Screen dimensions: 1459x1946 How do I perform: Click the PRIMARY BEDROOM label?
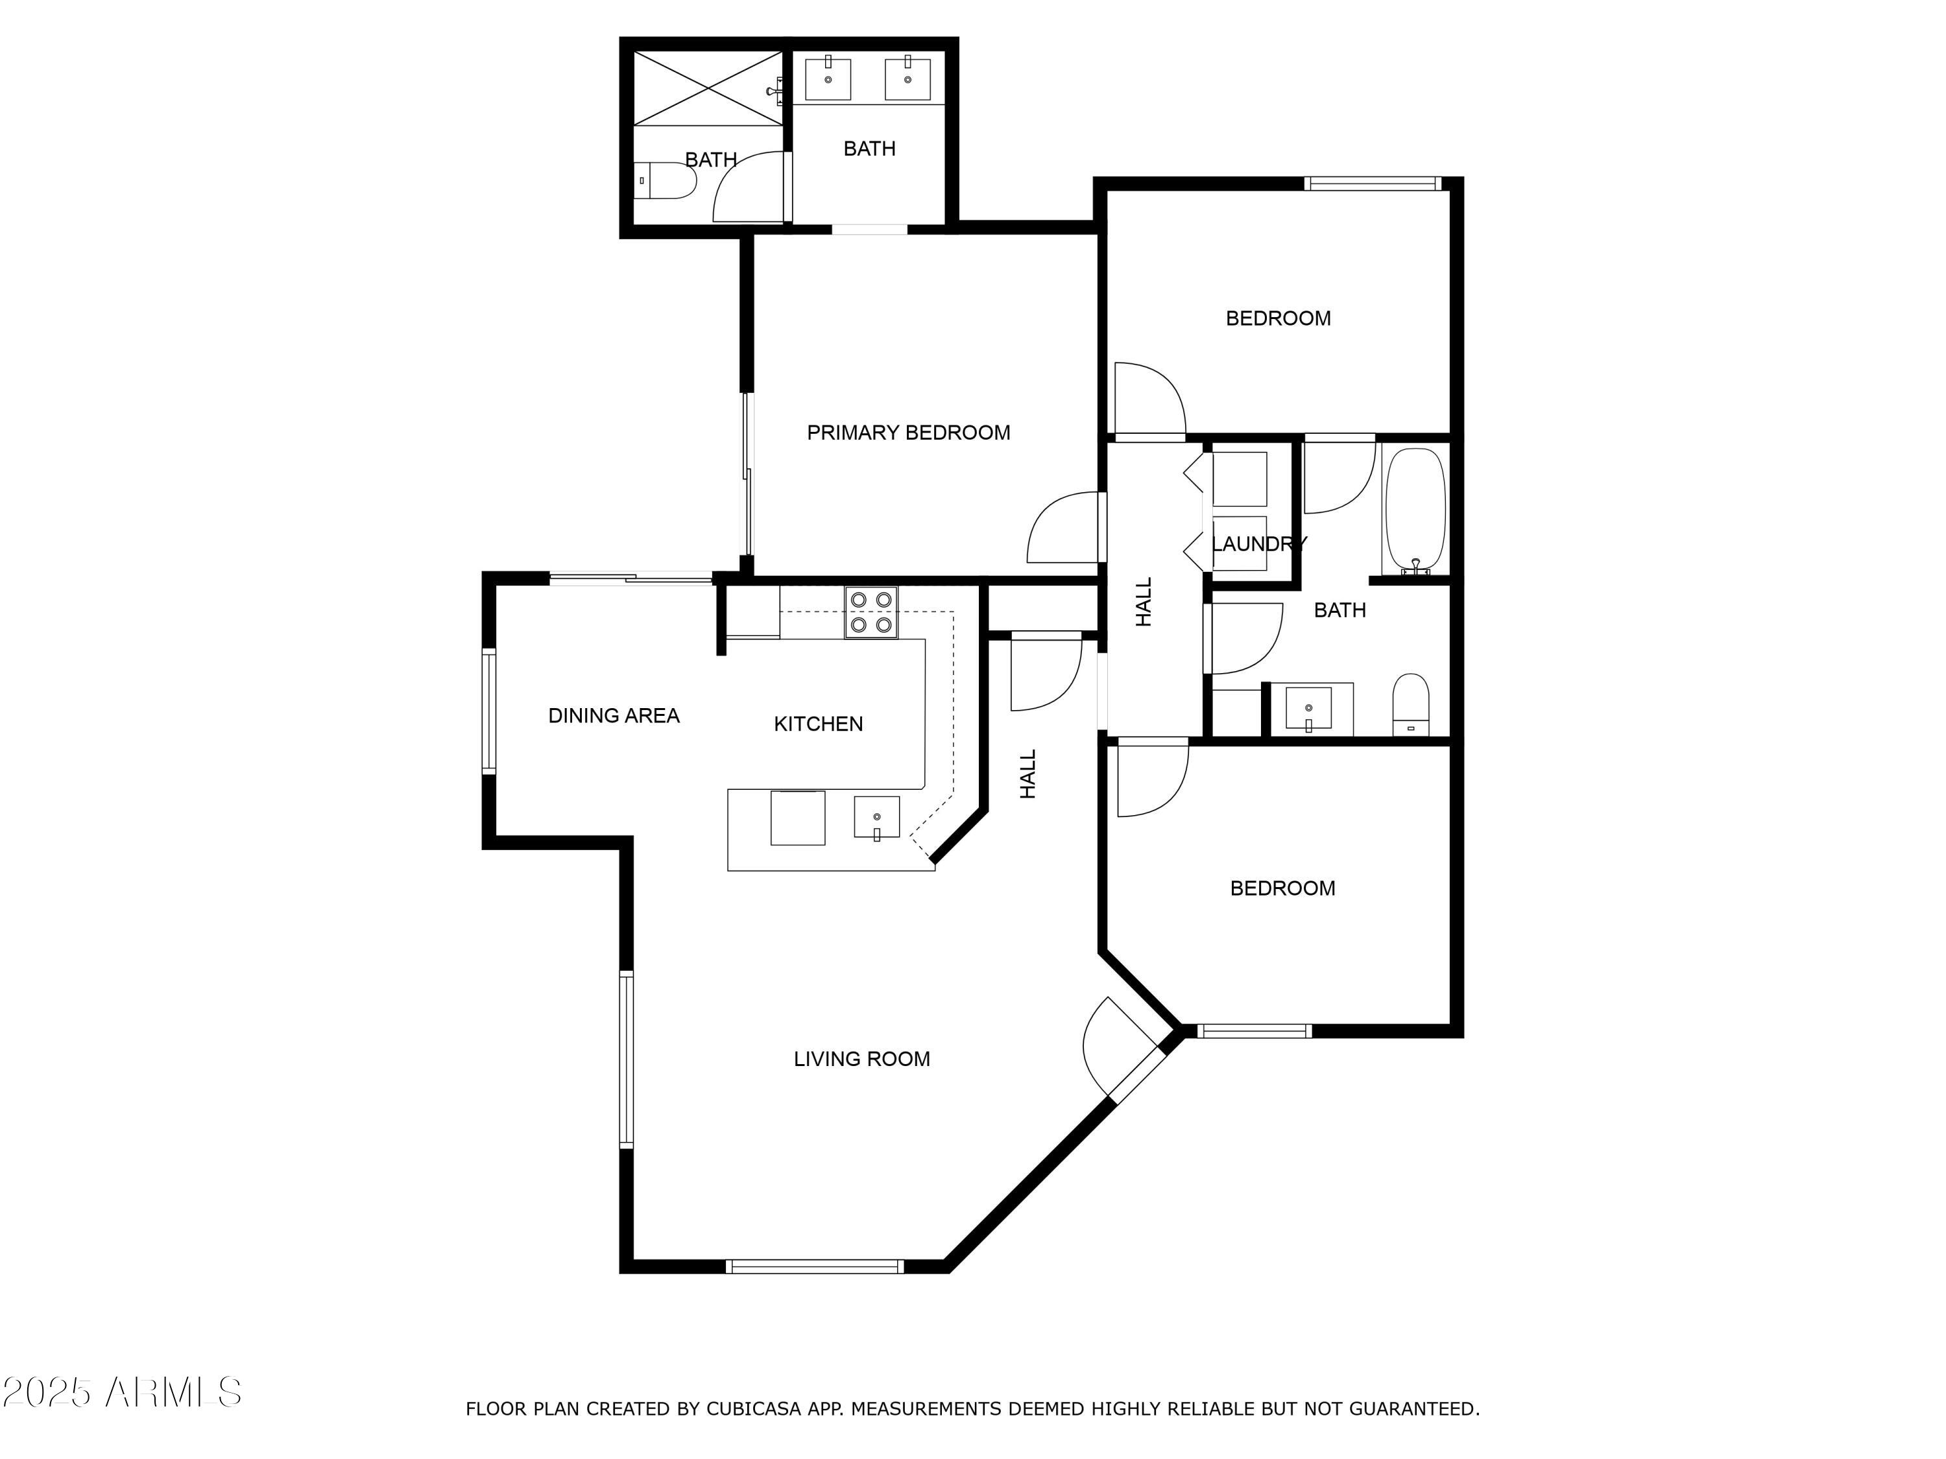(908, 433)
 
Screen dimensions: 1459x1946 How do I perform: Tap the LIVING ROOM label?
(861, 1059)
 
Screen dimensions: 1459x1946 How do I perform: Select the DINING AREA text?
(613, 716)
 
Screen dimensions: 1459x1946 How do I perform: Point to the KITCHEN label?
(817, 724)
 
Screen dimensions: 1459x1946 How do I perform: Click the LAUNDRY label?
(1258, 543)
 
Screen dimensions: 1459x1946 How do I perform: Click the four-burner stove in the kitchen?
(871, 612)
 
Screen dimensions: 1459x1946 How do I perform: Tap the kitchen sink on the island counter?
(876, 818)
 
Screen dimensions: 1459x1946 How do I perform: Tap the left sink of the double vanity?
(828, 79)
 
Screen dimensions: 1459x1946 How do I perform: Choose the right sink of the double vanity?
(907, 79)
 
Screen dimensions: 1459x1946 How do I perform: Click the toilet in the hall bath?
(1410, 704)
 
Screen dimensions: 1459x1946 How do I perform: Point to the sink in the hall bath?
(1308, 708)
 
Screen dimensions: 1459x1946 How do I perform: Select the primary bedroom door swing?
(1063, 528)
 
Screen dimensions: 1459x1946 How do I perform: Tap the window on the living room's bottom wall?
(814, 1266)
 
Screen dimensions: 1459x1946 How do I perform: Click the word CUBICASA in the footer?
(752, 1409)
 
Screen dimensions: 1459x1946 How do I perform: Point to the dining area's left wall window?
(489, 711)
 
